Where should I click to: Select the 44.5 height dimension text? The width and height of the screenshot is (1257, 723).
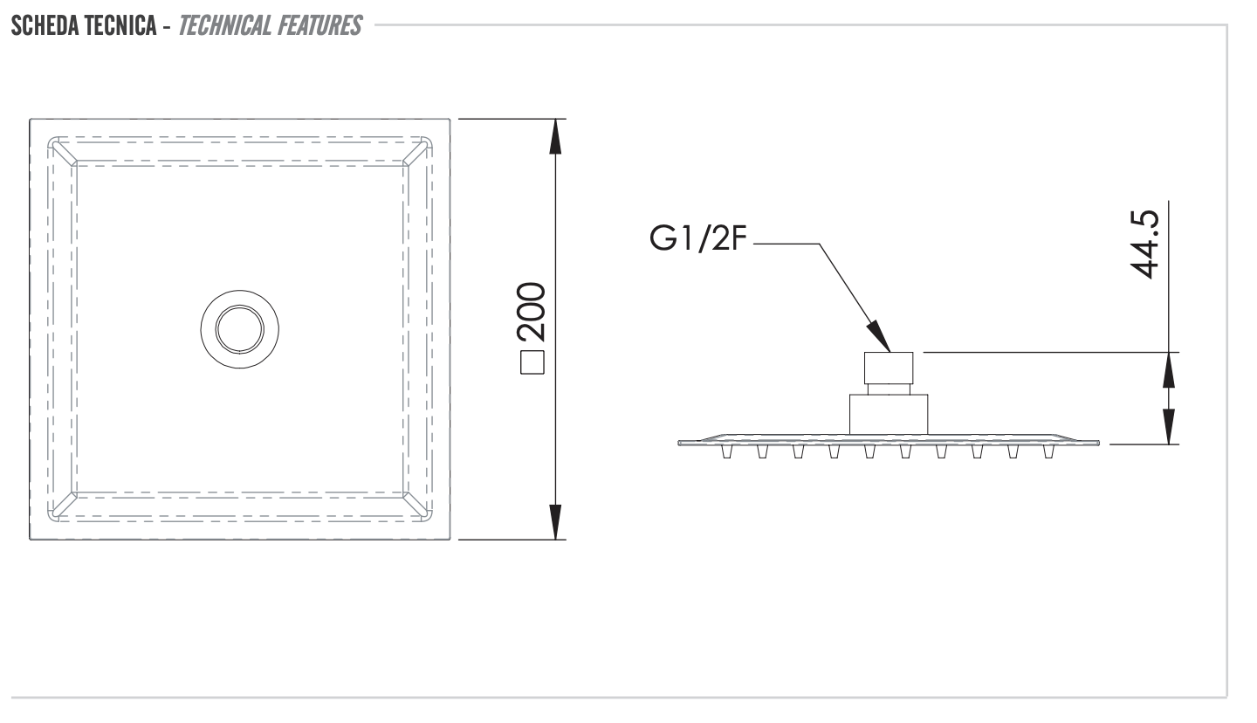(1144, 244)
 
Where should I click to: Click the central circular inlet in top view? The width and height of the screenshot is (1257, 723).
(239, 329)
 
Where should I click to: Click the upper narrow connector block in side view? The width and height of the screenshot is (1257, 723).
(889, 368)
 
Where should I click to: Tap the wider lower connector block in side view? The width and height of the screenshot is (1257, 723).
(889, 413)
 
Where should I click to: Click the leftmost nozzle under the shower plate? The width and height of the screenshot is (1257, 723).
(726, 451)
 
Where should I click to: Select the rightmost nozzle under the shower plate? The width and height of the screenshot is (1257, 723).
(1048, 451)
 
